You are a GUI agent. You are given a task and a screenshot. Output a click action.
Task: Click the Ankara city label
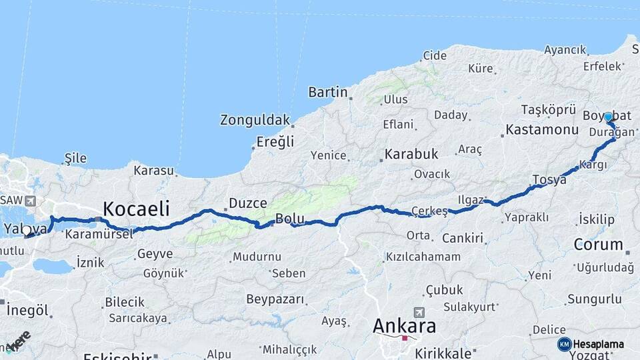click(405, 326)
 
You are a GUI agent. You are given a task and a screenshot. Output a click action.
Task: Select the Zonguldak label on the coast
click(255, 120)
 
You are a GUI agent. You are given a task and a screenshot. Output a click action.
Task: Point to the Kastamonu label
click(541, 129)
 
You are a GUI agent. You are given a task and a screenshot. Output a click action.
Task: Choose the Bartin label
click(328, 92)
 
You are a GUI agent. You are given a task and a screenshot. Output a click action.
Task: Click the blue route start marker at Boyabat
click(608, 117)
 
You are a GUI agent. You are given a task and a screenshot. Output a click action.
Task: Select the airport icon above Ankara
click(419, 312)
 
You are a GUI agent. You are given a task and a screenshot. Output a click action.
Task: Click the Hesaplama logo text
click(599, 344)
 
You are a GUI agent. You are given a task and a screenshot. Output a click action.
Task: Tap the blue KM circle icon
click(564, 344)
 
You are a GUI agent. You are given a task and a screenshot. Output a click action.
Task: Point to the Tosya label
click(549, 179)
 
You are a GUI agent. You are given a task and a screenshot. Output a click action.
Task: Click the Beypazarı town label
click(275, 299)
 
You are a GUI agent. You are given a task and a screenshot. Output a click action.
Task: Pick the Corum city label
click(598, 244)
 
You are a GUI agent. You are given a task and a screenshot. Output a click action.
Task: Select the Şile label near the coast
click(75, 157)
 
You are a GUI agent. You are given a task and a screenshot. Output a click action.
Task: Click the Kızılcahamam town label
click(423, 257)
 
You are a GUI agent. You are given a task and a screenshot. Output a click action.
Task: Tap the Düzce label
click(247, 203)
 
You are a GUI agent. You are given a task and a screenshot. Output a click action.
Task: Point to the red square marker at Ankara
click(404, 338)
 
